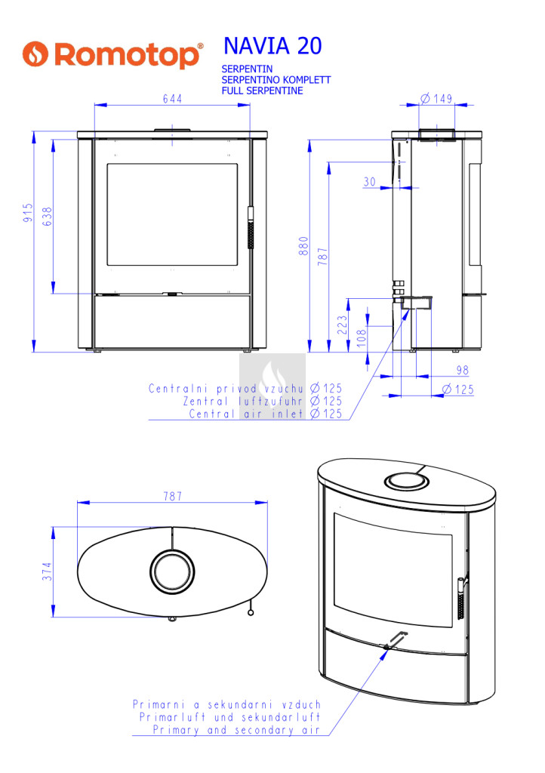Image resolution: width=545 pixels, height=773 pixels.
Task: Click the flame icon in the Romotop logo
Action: tap(35, 54)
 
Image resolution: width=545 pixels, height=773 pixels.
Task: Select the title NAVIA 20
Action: tap(272, 46)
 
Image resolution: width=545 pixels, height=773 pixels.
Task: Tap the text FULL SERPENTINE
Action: tap(262, 91)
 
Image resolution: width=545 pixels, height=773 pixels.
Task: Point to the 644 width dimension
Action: tap(172, 99)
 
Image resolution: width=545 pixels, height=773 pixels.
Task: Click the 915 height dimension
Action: tap(28, 212)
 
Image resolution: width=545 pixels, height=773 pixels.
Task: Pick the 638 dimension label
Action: tap(47, 217)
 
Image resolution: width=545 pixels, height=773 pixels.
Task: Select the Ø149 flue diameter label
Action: tap(436, 98)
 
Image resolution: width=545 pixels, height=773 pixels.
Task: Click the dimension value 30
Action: tap(370, 182)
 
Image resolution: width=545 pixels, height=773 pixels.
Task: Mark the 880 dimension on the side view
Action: tap(303, 245)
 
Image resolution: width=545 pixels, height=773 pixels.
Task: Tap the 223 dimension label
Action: tap(342, 325)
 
